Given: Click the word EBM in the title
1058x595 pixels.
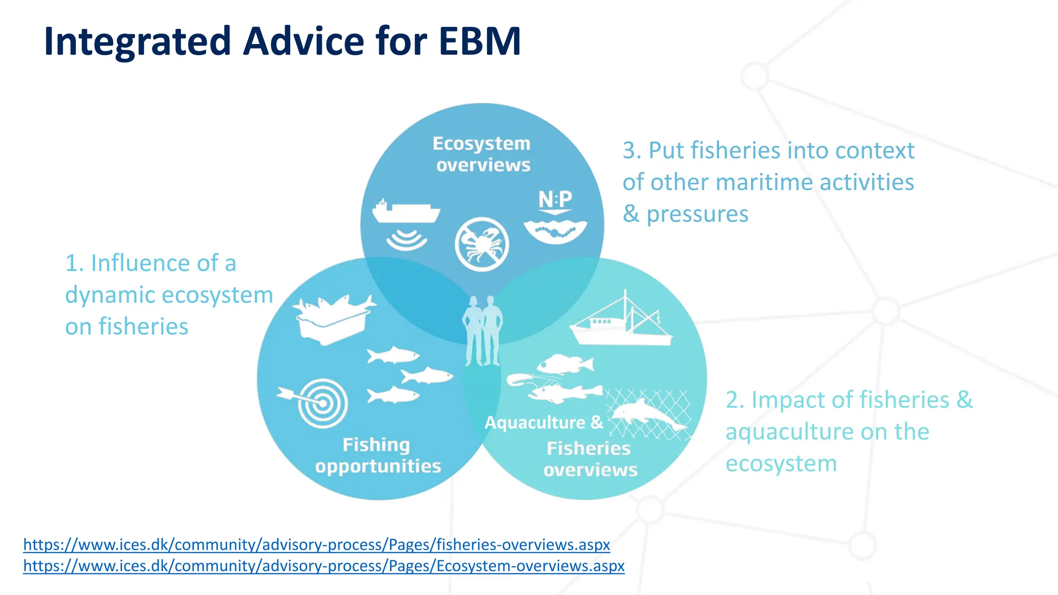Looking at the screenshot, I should click(479, 41).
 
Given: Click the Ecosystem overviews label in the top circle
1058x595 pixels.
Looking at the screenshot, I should click(482, 154).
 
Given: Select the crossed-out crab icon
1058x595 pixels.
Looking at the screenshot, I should click(481, 244).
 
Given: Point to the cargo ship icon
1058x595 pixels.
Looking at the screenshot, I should click(406, 211).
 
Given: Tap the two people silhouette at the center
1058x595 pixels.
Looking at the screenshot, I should click(483, 331).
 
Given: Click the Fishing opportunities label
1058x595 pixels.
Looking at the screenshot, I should click(378, 455).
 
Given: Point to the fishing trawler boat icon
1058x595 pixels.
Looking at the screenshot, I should click(621, 322).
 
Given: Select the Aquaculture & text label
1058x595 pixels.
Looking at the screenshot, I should click(543, 422).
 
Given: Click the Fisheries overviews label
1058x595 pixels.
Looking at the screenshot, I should click(590, 459).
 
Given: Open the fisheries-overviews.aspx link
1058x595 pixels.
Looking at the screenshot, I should click(316, 544).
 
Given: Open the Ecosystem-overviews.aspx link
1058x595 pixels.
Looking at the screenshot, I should click(323, 566).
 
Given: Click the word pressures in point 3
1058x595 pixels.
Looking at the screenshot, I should click(697, 214).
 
